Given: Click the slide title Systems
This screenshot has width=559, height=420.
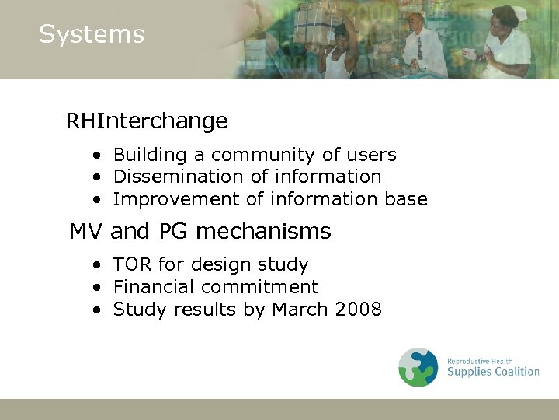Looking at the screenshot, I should pyautogui.click(x=92, y=34).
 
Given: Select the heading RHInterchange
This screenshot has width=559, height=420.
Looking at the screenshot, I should pyautogui.click(x=146, y=121).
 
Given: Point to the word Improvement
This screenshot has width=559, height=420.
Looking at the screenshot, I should pyautogui.click(x=176, y=199).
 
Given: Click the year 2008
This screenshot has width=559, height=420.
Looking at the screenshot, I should pyautogui.click(x=358, y=310).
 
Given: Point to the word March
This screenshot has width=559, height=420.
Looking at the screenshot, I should pyautogui.click(x=300, y=310).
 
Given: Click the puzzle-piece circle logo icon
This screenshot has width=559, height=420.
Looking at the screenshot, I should pyautogui.click(x=418, y=367).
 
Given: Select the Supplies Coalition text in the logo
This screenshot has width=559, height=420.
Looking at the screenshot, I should pyautogui.click(x=493, y=372).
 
